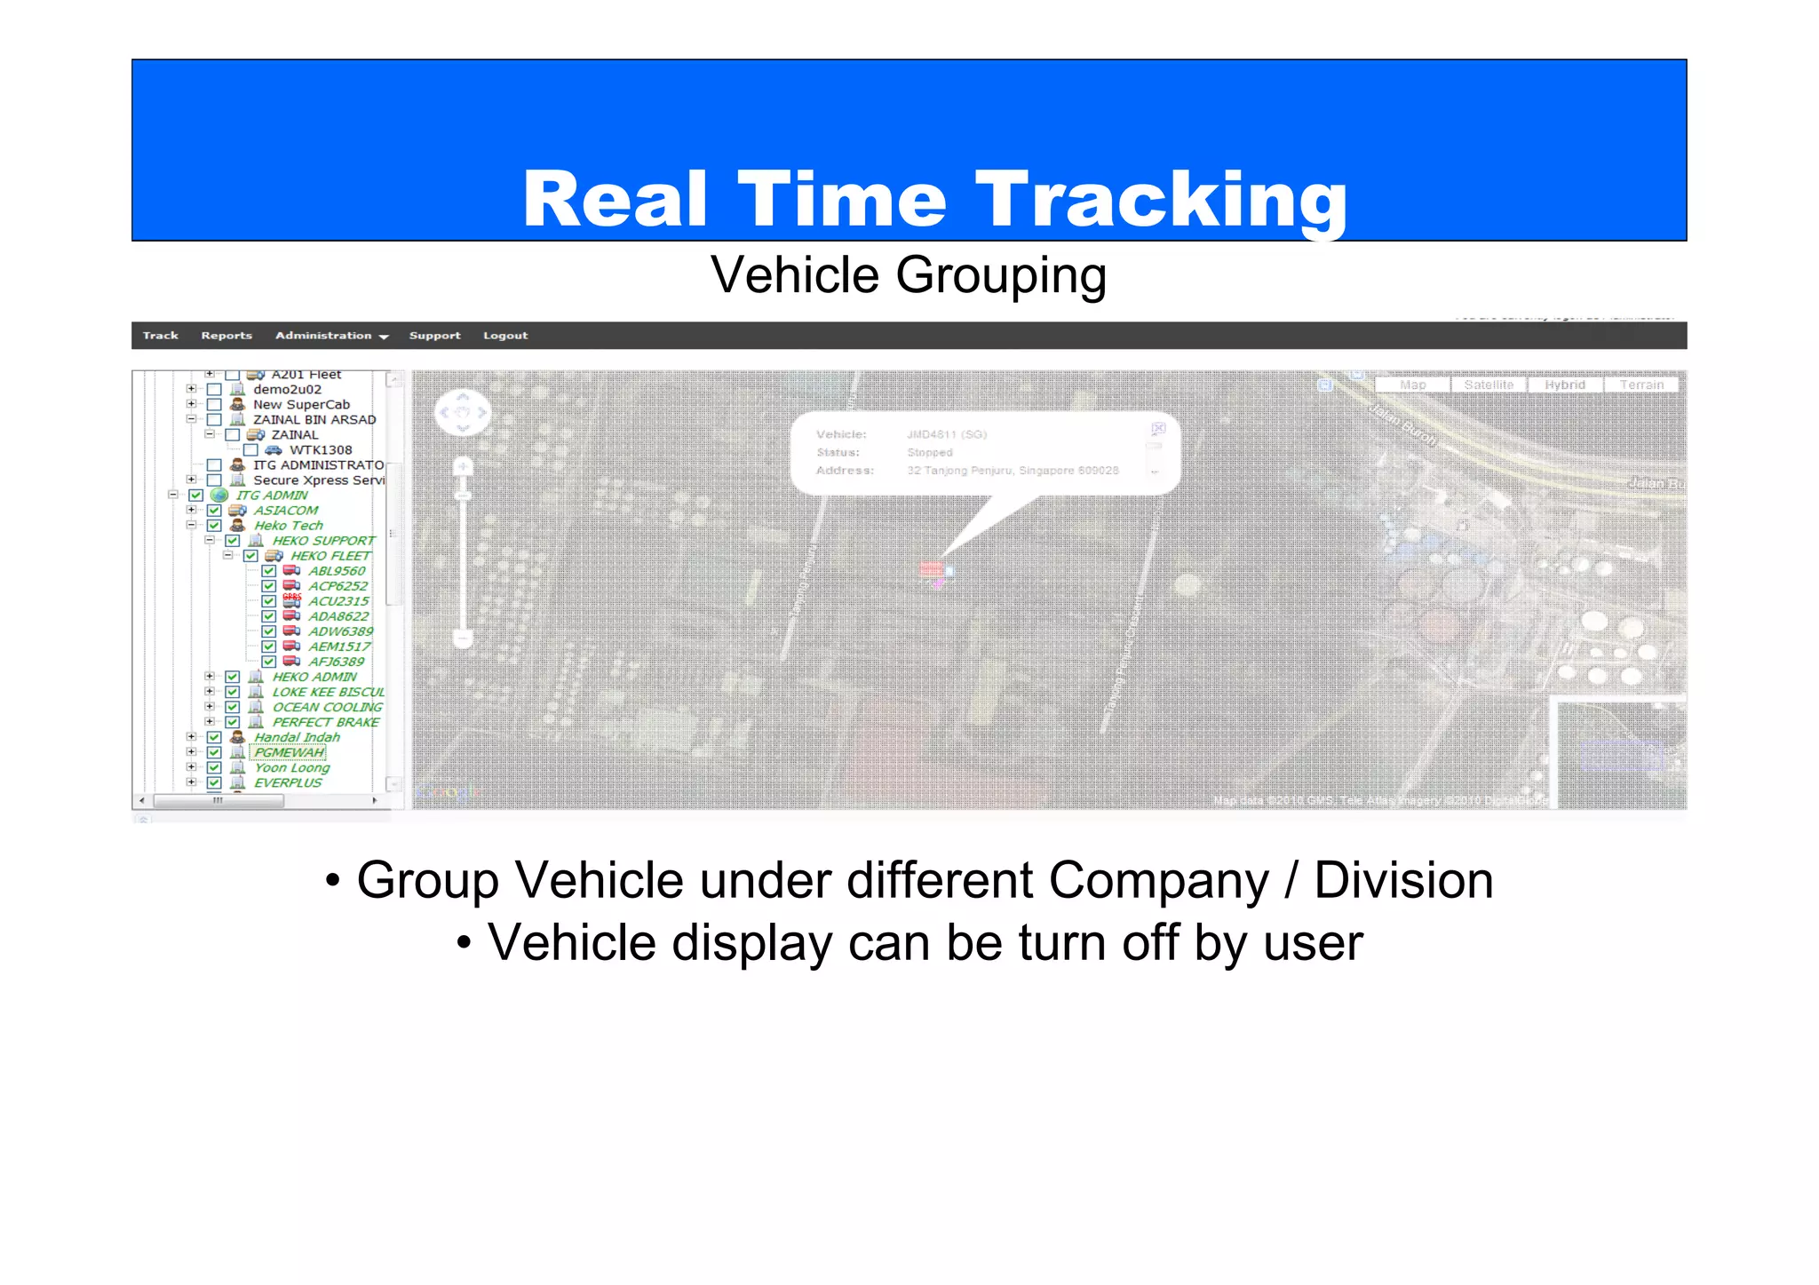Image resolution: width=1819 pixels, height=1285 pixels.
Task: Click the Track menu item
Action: coord(160,336)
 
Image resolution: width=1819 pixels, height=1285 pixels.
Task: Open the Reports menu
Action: coord(226,336)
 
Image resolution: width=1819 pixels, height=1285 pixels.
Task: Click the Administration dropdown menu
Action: coord(331,336)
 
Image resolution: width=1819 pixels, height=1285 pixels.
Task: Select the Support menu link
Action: coord(434,336)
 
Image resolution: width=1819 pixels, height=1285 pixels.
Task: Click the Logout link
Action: coord(505,336)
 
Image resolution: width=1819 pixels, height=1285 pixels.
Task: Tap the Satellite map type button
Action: coord(1489,385)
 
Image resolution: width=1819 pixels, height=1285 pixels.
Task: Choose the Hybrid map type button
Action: coord(1564,385)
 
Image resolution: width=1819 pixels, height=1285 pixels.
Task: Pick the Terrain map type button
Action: coord(1640,385)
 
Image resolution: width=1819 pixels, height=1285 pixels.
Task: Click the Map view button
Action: coord(1412,385)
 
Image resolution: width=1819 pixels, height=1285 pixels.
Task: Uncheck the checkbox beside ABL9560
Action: coord(268,571)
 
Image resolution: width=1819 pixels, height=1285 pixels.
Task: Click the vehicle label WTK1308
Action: coord(321,450)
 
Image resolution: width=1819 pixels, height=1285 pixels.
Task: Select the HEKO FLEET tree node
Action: coord(330,556)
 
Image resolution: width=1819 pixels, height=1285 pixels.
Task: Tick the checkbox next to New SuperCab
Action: coord(214,405)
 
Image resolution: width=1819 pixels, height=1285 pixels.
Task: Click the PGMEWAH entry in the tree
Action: coord(290,752)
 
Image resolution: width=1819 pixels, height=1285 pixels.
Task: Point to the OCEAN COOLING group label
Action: coord(327,707)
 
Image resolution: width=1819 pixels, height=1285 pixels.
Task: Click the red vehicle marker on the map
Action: coord(932,569)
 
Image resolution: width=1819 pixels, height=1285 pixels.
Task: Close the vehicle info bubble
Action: coord(1158,429)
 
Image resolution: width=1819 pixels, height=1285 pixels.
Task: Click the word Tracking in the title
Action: coord(1161,200)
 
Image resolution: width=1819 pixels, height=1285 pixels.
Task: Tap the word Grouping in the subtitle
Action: coord(1001,274)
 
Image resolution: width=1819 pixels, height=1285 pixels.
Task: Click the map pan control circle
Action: coord(462,412)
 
